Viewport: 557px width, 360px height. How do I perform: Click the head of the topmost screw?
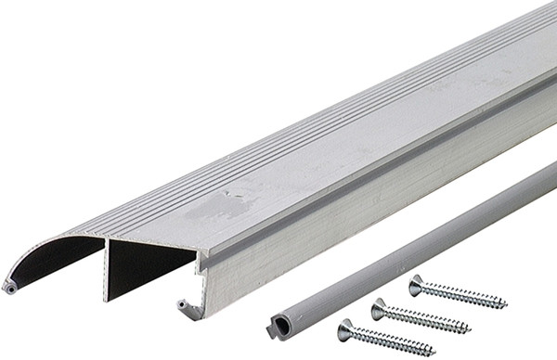click(x=415, y=284)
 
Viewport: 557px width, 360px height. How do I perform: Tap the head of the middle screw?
click(x=378, y=307)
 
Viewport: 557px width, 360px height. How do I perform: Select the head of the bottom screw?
click(x=344, y=328)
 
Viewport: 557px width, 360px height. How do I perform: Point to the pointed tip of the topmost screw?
click(x=507, y=303)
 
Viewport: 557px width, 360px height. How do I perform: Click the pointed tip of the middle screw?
click(x=470, y=328)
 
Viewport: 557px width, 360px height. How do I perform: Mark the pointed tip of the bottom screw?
click(x=434, y=353)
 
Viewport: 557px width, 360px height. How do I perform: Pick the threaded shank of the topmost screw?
click(x=464, y=295)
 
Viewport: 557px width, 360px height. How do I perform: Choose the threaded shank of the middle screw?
click(x=427, y=318)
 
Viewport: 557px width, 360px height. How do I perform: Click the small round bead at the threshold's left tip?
click(x=11, y=289)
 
